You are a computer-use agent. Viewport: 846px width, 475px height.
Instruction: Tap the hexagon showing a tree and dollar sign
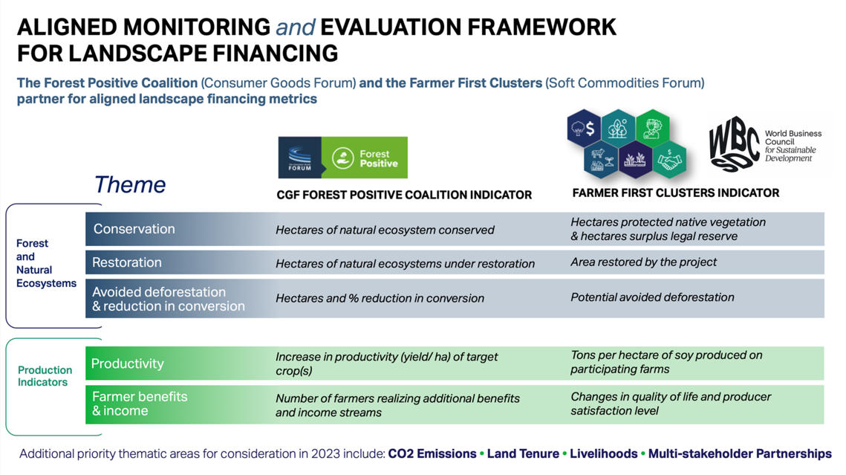click(x=584, y=128)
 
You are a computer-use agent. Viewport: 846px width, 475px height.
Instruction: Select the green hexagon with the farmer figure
click(x=652, y=127)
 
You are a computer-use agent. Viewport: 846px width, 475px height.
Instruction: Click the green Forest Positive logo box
click(x=364, y=158)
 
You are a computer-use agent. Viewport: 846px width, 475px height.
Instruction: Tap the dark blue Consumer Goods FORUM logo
click(x=299, y=158)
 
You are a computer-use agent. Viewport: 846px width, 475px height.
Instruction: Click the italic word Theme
click(x=130, y=184)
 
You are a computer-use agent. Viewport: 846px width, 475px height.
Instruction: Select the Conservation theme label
click(x=134, y=229)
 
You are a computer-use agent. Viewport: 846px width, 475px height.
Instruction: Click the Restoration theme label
click(x=126, y=262)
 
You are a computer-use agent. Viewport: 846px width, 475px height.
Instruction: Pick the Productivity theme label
click(x=127, y=363)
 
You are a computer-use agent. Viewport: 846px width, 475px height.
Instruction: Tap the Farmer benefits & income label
click(x=140, y=404)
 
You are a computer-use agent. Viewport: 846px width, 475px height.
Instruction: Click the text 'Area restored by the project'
click(x=643, y=262)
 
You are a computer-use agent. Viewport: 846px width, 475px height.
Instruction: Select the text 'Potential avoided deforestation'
click(x=652, y=297)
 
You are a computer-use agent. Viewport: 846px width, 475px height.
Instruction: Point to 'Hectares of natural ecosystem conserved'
click(x=385, y=230)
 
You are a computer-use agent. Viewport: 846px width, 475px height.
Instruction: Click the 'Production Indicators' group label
click(x=45, y=376)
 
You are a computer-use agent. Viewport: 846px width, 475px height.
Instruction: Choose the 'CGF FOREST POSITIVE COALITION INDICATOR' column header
click(x=404, y=195)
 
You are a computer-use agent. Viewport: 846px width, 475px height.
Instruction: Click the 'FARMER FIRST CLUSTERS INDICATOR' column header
click(x=675, y=193)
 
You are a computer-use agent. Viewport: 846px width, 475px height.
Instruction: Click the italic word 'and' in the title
click(x=296, y=28)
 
